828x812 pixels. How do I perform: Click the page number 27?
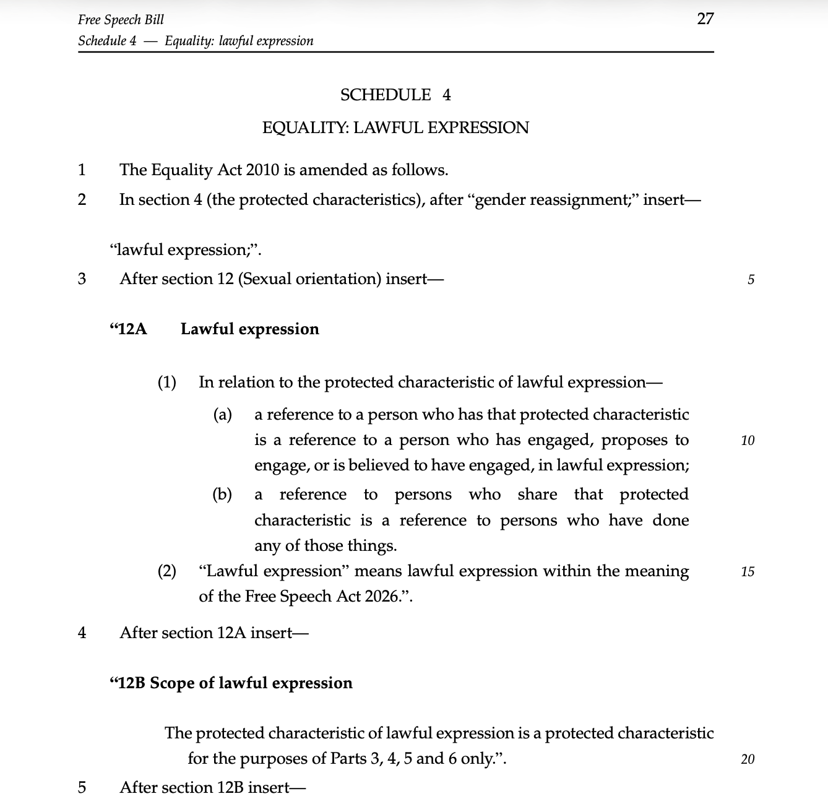coord(705,19)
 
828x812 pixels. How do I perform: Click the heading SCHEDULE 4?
coord(395,95)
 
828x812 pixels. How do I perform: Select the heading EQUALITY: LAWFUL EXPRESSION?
coord(395,127)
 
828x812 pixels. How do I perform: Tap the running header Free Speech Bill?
coord(121,19)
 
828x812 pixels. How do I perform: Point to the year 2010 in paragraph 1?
coord(262,170)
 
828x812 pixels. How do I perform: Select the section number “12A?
coord(128,329)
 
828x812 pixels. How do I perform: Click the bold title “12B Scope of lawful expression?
coord(231,683)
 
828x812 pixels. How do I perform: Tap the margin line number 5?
coord(751,279)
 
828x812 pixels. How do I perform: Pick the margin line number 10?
coord(748,441)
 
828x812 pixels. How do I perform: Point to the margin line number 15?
coord(748,571)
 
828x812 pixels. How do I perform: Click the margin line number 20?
coord(748,759)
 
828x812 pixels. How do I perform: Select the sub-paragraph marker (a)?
coord(223,414)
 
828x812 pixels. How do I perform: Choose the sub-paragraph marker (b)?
coord(223,494)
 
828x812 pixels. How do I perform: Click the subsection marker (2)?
coord(167,571)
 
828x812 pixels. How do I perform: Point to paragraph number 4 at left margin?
coord(82,633)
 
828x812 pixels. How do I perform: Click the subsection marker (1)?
coord(167,382)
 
